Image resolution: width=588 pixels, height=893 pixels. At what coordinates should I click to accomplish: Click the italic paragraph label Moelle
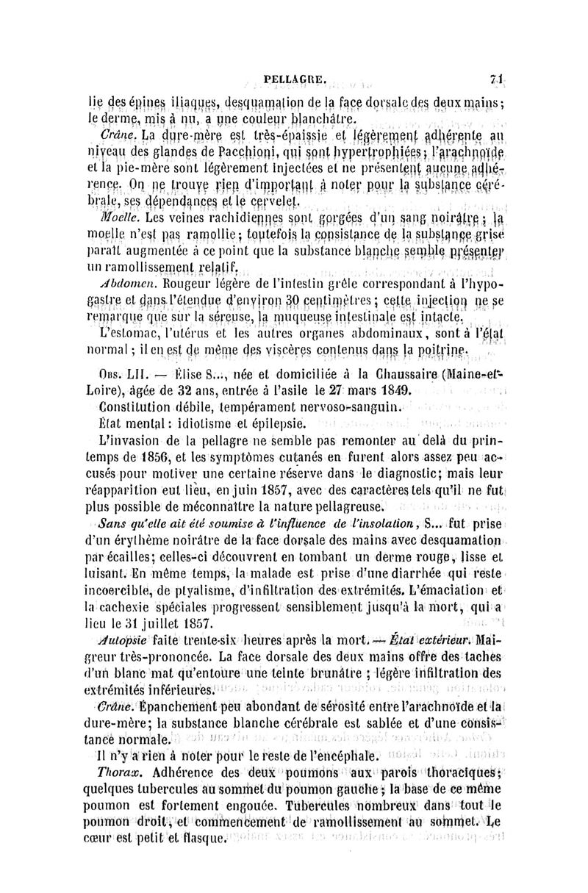pos(121,219)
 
